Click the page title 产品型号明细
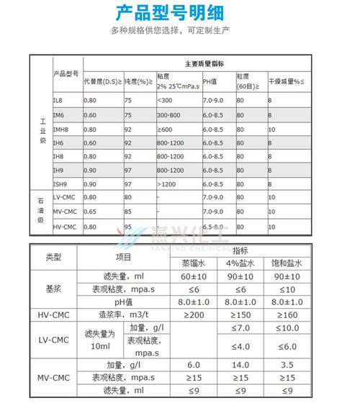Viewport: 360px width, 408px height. click(x=180, y=13)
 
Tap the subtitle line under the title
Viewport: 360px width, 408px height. click(x=180, y=31)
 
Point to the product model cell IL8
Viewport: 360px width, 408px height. click(x=59, y=99)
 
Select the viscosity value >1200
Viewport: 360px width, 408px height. click(x=165, y=183)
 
